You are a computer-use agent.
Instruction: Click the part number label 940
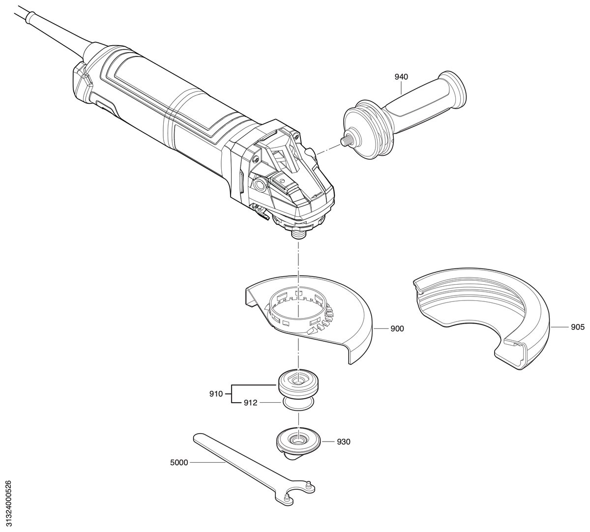tap(401, 77)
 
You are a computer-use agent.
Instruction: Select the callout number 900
tap(397, 328)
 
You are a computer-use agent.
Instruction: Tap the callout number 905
tap(578, 327)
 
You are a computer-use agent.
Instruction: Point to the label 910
tap(216, 394)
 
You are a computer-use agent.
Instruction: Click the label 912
tap(250, 403)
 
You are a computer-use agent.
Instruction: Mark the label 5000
tap(179, 463)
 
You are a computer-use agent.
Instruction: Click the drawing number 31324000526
tap(9, 500)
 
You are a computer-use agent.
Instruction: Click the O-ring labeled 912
tap(298, 403)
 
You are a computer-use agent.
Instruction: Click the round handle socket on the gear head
tap(260, 185)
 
